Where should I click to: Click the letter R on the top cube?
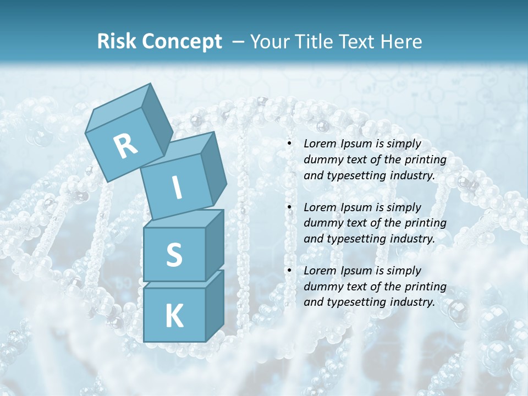[125, 147]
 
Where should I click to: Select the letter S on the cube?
[174, 255]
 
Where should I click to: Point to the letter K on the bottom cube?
[174, 316]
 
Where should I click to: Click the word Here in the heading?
[402, 42]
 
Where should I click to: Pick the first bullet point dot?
[289, 144]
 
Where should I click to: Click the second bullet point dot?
[289, 207]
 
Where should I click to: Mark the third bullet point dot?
[289, 271]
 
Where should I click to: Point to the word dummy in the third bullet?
[322, 287]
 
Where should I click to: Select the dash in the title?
[239, 42]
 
